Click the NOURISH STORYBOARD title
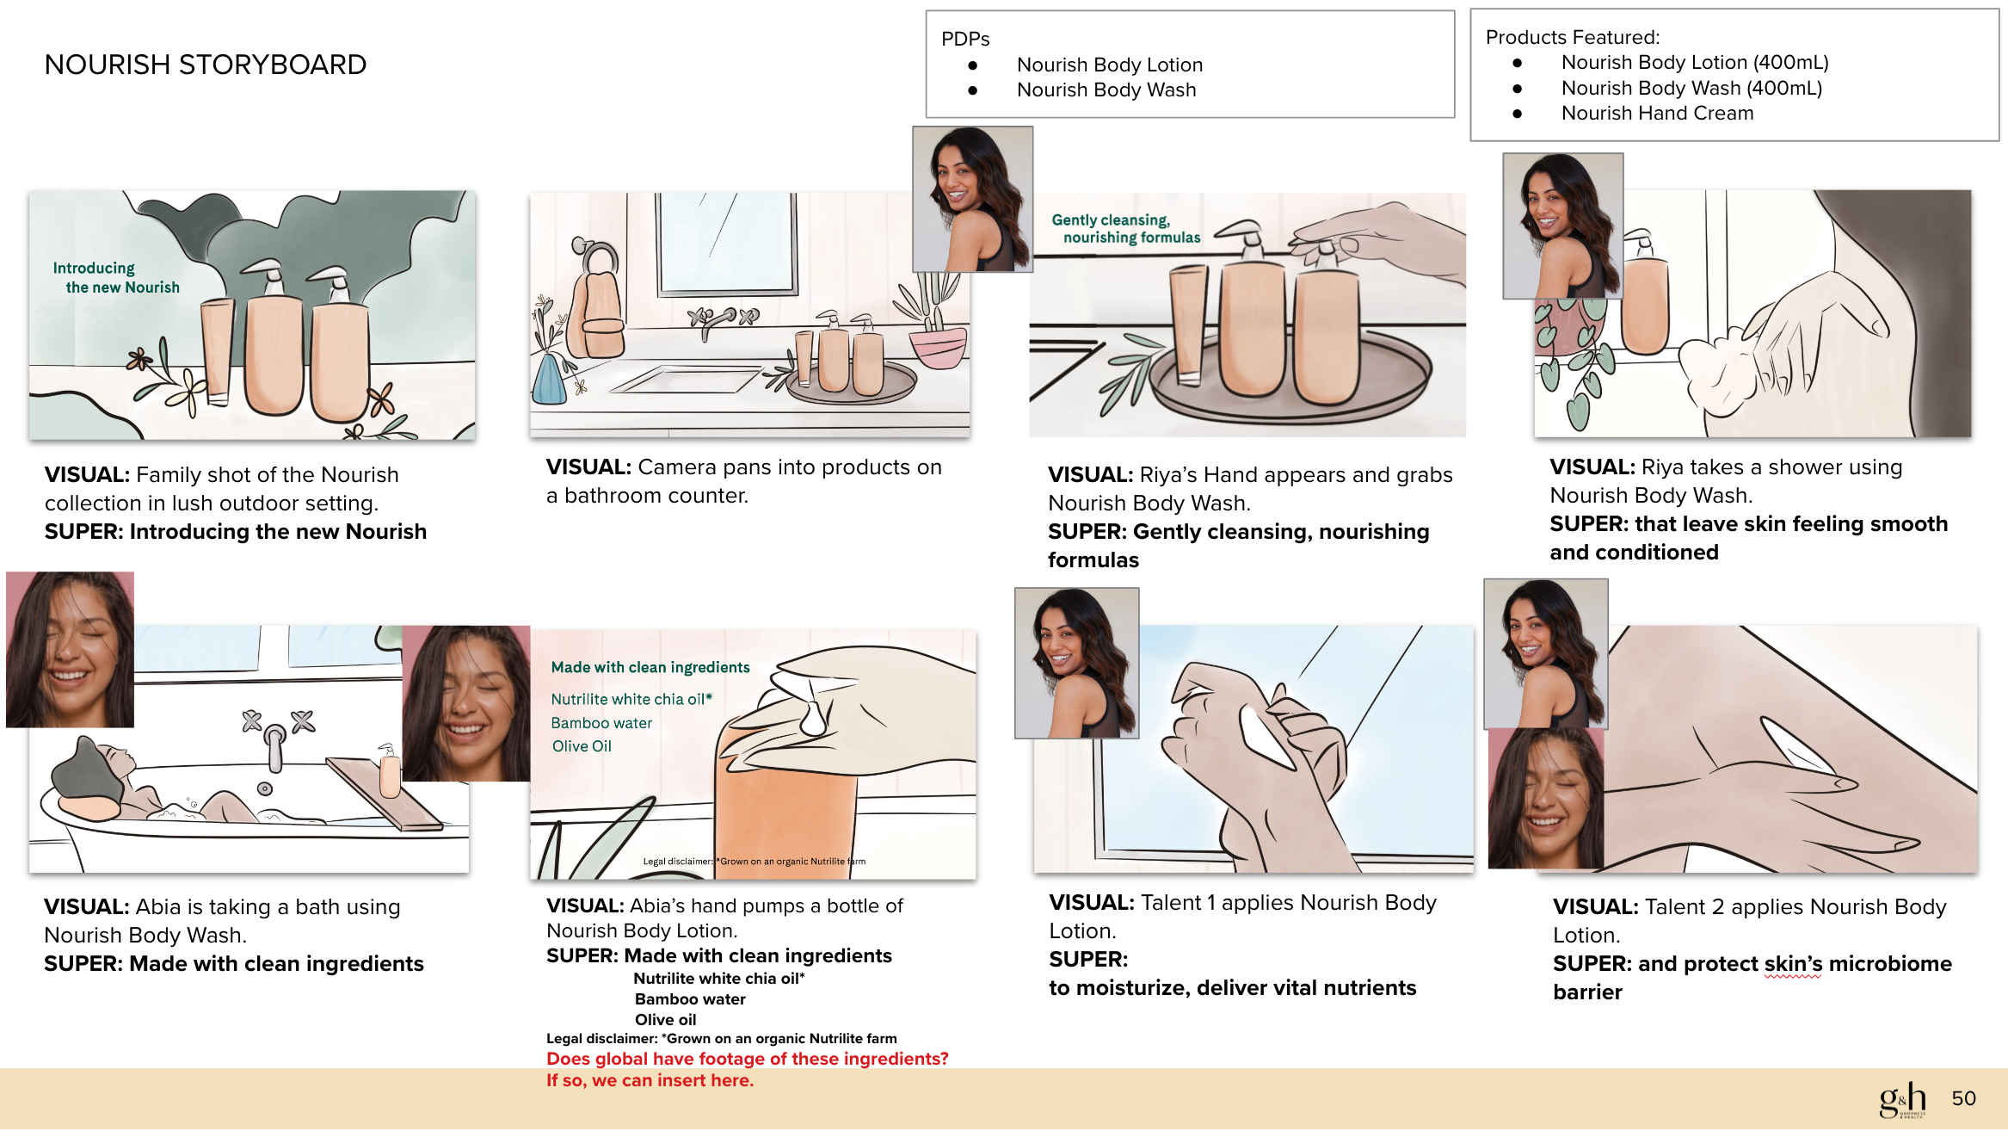[x=205, y=65]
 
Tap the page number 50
[x=1963, y=1098]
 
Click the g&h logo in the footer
[x=1902, y=1099]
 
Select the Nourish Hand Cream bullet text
[x=1657, y=114]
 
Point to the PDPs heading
[x=965, y=39]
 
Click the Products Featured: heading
[x=1573, y=37]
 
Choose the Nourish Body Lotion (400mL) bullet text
[x=1695, y=63]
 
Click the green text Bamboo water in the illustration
[x=601, y=723]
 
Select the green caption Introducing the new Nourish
[x=116, y=278]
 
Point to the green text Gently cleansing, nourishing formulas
[x=1125, y=229]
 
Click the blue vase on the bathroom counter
[x=549, y=380]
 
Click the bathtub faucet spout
[x=274, y=749]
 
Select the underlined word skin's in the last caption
[x=1793, y=964]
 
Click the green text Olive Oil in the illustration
[x=582, y=746]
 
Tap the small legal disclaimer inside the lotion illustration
[x=755, y=861]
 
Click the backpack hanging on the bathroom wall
[x=598, y=310]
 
